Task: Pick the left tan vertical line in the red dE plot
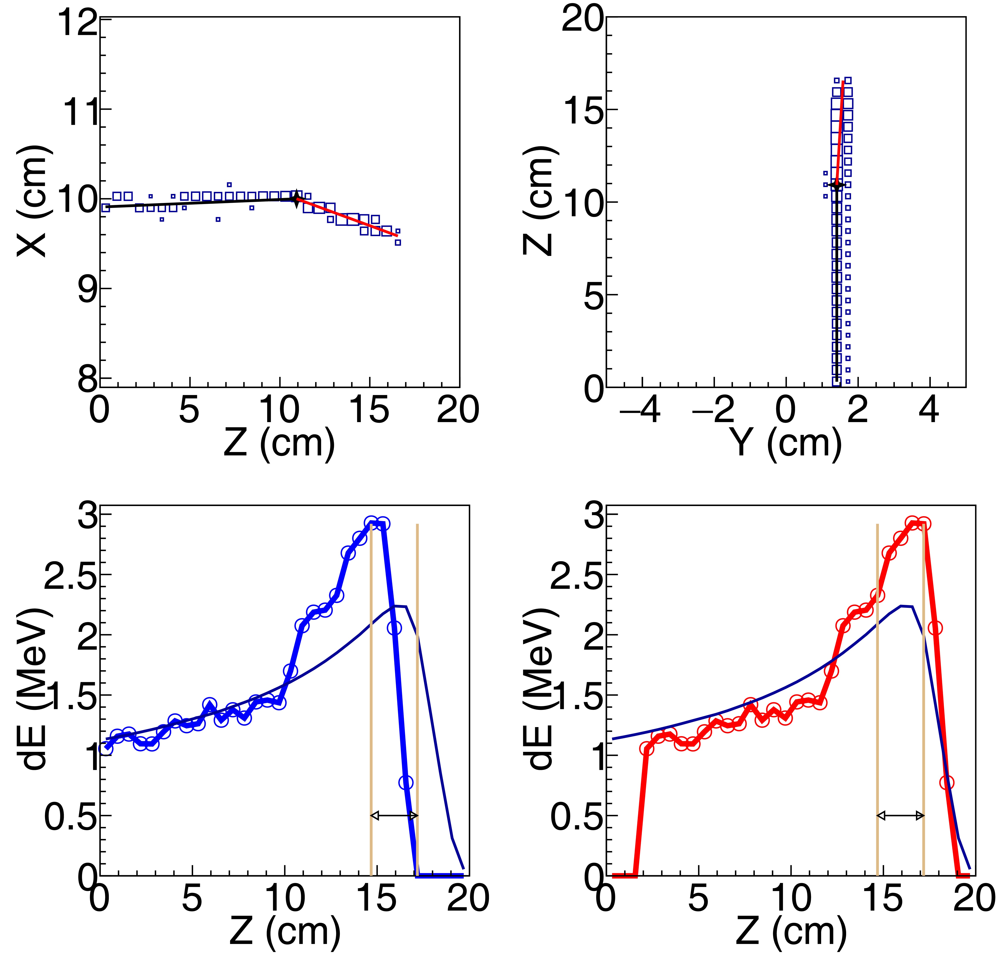point(877,661)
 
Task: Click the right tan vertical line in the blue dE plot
point(417,661)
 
